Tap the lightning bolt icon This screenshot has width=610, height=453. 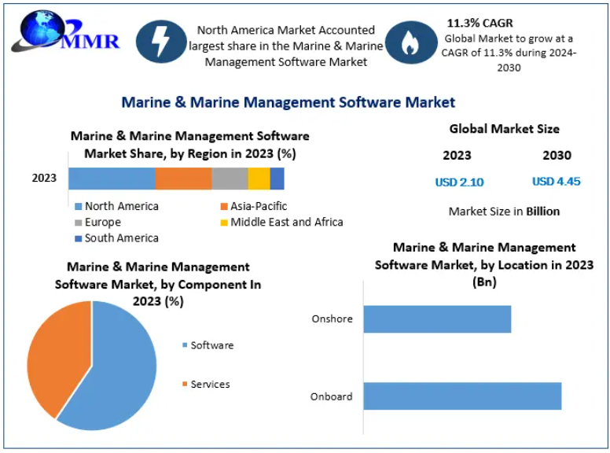pos(161,42)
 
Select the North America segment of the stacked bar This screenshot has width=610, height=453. pos(112,179)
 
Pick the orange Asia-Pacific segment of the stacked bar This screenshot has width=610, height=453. pos(183,179)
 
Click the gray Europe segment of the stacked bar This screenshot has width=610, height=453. pos(230,179)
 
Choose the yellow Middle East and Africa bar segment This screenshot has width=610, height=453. pos(259,179)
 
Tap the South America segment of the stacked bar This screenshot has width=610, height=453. pos(277,179)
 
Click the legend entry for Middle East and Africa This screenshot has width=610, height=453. pos(286,222)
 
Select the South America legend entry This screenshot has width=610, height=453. pos(121,238)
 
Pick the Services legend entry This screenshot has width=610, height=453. pos(210,384)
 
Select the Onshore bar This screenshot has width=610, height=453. pos(437,319)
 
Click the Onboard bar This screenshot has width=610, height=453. pos(462,396)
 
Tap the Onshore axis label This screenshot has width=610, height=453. pos(332,319)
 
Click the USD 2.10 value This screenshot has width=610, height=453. pos(459,182)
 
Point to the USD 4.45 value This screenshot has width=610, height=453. pos(556,182)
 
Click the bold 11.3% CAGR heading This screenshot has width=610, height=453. pos(480,23)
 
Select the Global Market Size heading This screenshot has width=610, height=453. pos(504,129)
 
